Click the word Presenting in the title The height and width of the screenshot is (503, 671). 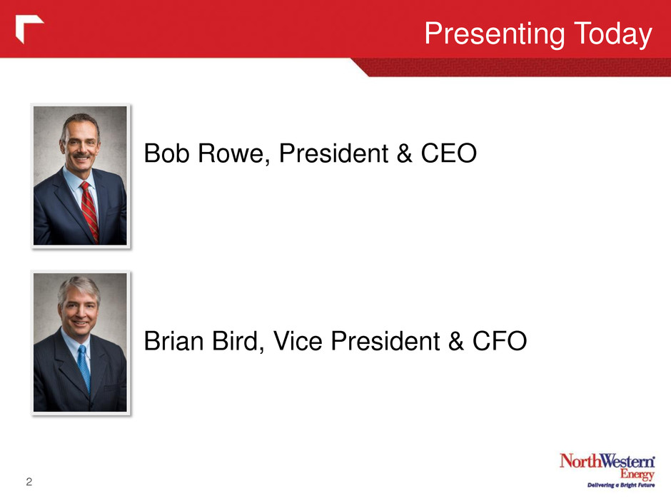click(495, 34)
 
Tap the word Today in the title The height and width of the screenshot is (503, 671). click(613, 34)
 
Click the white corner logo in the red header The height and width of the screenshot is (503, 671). click(29, 29)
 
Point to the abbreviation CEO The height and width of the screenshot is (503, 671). click(449, 153)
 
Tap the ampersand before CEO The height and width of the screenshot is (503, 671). click(405, 153)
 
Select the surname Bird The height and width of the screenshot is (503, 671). click(238, 341)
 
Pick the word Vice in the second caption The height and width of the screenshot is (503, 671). click(298, 341)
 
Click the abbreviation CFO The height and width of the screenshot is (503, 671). click(500, 341)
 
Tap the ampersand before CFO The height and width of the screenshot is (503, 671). click(456, 341)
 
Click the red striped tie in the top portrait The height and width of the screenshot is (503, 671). click(89, 210)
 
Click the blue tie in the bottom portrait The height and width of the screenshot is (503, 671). click(84, 368)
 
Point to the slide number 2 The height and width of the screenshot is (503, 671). click(29, 482)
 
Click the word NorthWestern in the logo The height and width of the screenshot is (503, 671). click(607, 461)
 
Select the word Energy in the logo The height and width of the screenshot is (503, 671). click(637, 474)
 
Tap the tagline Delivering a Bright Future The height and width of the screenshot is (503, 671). click(621, 485)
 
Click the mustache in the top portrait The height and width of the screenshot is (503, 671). click(81, 155)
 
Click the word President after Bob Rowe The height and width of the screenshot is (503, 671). click(333, 153)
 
